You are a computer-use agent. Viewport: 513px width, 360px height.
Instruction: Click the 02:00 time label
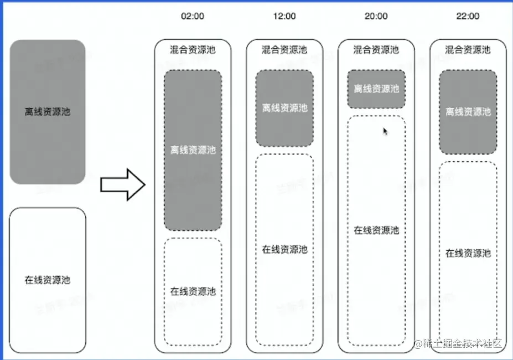[193, 16]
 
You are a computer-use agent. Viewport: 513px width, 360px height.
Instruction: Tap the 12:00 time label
[284, 16]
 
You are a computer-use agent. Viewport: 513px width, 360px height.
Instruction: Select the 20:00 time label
[376, 16]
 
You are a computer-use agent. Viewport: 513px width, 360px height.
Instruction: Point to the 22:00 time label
[468, 16]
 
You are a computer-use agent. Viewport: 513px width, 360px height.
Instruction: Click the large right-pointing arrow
[122, 184]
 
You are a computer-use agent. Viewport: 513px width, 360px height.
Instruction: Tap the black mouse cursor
[386, 131]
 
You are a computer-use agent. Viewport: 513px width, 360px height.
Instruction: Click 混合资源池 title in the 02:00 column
[193, 50]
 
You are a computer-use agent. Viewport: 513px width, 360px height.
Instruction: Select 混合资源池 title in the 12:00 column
[284, 50]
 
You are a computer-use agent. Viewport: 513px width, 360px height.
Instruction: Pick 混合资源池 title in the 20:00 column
[376, 50]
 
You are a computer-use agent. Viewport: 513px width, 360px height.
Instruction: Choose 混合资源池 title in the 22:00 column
[468, 50]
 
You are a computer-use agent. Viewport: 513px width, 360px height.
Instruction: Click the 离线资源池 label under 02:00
[193, 150]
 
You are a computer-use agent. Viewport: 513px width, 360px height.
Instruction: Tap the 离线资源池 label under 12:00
[284, 108]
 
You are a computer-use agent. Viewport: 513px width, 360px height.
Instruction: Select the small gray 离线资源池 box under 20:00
[376, 89]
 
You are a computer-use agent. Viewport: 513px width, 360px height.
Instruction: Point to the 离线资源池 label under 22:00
[468, 112]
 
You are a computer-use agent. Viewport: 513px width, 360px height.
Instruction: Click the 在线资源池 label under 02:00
[193, 291]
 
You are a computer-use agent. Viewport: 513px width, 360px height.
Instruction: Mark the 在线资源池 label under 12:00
[284, 249]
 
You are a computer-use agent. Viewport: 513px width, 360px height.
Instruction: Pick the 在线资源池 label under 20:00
[376, 230]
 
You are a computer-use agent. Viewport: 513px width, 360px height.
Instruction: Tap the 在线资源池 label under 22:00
[468, 254]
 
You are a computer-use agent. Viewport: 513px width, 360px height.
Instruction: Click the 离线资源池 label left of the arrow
[48, 111]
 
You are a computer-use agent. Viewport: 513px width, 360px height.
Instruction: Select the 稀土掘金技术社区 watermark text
[464, 343]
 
